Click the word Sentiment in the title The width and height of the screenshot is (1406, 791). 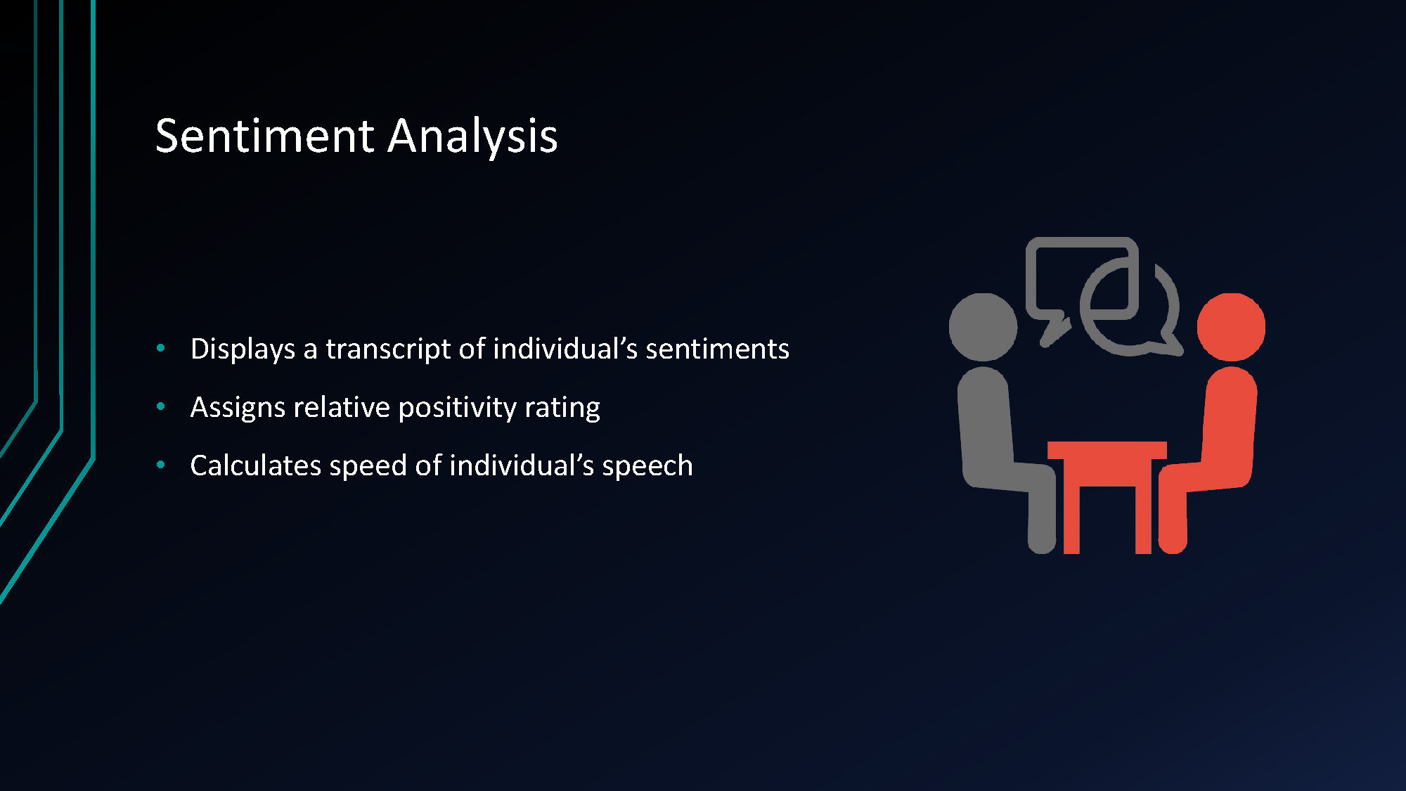264,136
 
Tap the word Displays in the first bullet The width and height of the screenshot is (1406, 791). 243,349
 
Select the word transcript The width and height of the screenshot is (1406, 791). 387,349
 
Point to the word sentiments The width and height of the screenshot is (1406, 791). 717,349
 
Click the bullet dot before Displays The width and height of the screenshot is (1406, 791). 161,348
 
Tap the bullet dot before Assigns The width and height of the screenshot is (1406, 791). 161,406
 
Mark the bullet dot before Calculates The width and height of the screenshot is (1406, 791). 161,465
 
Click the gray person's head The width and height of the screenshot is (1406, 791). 983,327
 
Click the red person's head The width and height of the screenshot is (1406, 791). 1231,327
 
